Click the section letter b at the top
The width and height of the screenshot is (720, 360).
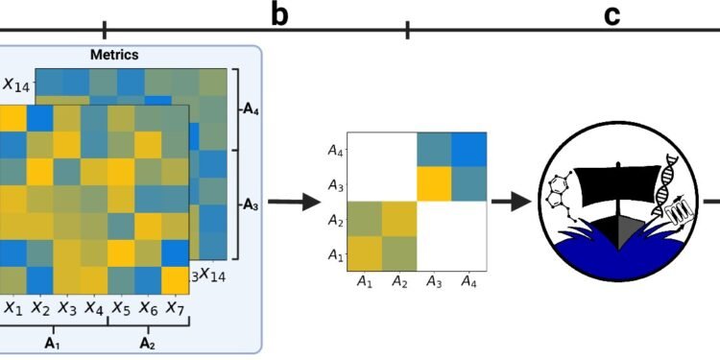[x=278, y=15]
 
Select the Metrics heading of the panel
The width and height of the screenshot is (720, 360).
[x=115, y=55]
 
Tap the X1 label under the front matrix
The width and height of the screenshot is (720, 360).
[x=12, y=308]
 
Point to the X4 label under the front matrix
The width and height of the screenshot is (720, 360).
[x=93, y=308]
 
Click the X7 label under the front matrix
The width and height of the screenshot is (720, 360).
[x=174, y=308]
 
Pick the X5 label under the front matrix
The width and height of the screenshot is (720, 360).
[x=120, y=308]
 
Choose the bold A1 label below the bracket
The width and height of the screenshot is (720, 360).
[x=54, y=342]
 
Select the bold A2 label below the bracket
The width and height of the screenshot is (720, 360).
[x=148, y=342]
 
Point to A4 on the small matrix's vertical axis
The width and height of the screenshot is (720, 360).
[x=334, y=150]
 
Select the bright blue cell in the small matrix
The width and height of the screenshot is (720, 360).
[x=468, y=149]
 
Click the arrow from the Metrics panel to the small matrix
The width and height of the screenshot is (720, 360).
[x=293, y=202]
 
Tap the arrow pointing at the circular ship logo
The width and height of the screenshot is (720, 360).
[x=513, y=202]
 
